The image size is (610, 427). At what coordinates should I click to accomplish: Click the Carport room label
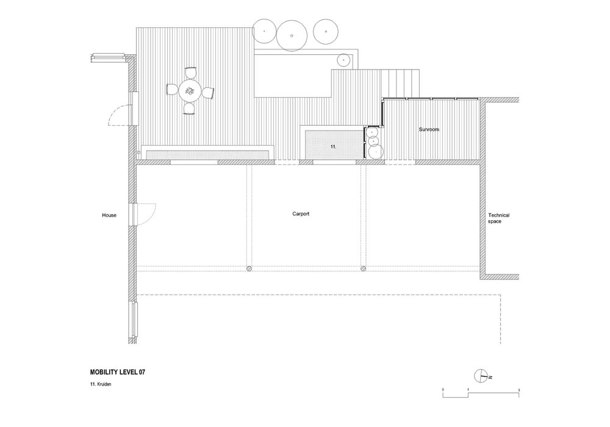(301, 214)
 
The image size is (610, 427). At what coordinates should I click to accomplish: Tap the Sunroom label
(429, 129)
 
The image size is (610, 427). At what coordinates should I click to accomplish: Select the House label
(109, 215)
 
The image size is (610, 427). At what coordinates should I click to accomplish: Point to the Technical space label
(499, 218)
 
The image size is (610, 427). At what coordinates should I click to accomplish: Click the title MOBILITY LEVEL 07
(118, 372)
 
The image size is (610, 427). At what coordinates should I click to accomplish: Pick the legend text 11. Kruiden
(101, 384)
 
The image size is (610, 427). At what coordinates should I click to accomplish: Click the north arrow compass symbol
(481, 376)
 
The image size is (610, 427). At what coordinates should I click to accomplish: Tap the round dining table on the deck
(190, 91)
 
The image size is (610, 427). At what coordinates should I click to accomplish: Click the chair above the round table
(190, 73)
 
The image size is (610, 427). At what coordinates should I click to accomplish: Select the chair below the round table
(190, 109)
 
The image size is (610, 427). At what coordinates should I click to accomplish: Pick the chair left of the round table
(172, 90)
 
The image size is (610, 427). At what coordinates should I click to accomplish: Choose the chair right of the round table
(208, 93)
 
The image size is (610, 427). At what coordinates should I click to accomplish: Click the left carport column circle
(249, 268)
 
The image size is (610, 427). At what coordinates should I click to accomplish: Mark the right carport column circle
(364, 268)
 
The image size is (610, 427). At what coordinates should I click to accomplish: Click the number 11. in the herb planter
(333, 147)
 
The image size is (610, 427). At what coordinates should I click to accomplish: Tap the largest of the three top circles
(292, 35)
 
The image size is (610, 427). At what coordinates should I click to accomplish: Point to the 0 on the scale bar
(443, 390)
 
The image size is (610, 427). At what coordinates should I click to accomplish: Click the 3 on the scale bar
(519, 390)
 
